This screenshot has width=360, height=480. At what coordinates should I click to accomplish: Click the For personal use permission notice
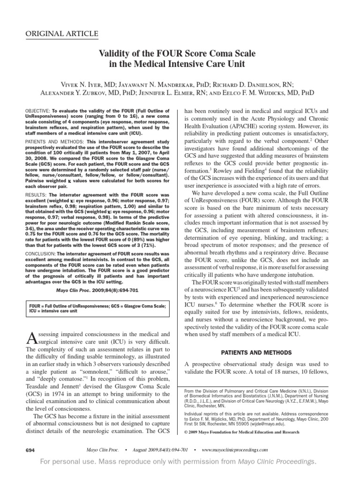click(x=180, y=462)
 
